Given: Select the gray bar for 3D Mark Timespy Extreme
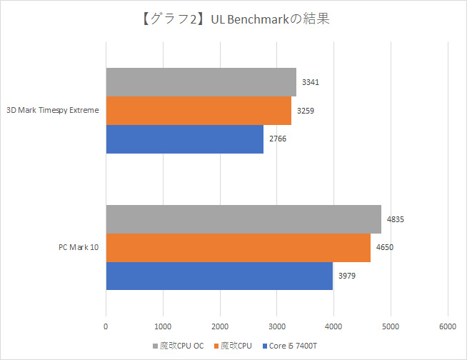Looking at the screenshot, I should click(x=201, y=82).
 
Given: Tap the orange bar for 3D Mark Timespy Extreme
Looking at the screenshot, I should click(x=199, y=111).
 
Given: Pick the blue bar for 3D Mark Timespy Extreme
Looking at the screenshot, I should click(x=184, y=139).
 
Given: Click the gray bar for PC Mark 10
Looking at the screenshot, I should click(x=243, y=219).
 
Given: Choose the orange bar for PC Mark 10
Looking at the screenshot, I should click(x=238, y=248).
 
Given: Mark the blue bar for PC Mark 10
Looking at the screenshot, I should click(x=219, y=276).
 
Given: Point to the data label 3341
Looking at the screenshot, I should click(x=311, y=82).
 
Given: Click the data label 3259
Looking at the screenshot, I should click(x=306, y=111).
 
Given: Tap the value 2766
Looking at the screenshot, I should click(x=278, y=139).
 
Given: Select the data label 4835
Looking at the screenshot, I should click(x=396, y=219).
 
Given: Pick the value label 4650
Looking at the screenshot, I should click(x=385, y=248).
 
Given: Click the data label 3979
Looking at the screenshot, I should click(x=347, y=276).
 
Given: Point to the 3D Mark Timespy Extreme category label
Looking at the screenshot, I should click(x=52, y=111).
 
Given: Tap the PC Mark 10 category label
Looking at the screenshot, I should click(x=78, y=248).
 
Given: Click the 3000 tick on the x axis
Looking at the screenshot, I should click(x=277, y=326).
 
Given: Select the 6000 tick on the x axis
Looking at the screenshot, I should click(x=448, y=326).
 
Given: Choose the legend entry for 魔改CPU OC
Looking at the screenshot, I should click(x=178, y=346).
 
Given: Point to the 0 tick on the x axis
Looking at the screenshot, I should click(x=106, y=326).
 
